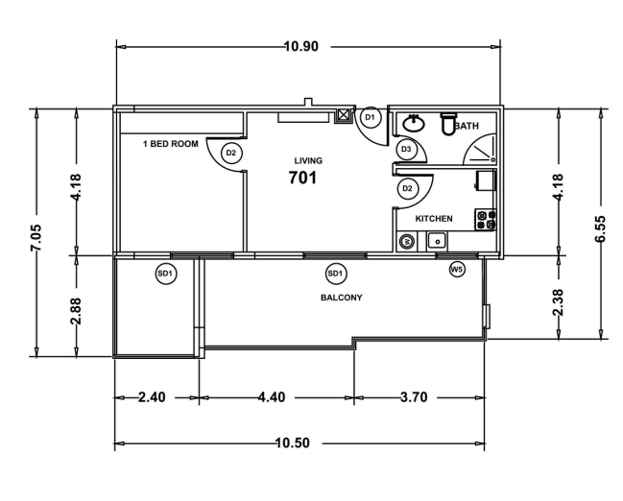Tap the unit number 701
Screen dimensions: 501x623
[x=303, y=178]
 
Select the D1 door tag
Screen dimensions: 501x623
[x=371, y=117]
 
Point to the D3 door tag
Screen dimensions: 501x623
[x=406, y=150]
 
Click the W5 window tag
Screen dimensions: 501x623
[x=457, y=270]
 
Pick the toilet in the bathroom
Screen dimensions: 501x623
[x=447, y=124]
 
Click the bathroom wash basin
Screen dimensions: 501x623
[x=415, y=123]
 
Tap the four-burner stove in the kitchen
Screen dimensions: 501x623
[x=486, y=220]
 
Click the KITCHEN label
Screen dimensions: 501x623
[x=433, y=218]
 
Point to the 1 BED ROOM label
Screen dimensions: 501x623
[x=170, y=144]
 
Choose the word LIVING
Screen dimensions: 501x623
[x=308, y=160]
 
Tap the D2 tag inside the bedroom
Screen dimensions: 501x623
[x=230, y=152]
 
